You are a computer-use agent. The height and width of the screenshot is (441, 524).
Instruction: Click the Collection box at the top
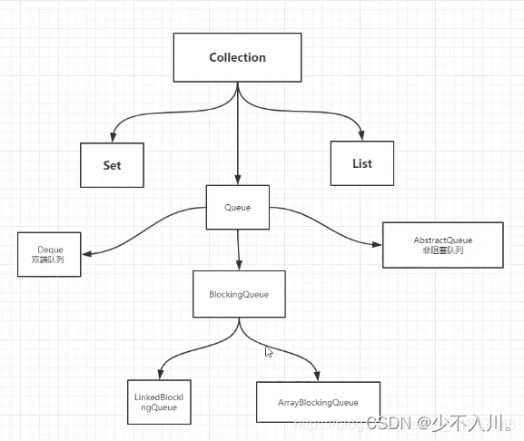237,58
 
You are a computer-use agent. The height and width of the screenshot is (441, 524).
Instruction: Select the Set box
112,165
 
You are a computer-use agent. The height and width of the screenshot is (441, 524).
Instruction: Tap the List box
361,163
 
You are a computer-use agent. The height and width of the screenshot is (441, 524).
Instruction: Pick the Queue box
237,208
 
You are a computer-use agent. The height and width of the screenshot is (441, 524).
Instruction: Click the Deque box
49,254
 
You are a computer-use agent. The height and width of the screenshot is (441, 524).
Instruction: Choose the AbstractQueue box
442,245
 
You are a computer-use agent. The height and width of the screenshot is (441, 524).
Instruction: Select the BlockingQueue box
239,294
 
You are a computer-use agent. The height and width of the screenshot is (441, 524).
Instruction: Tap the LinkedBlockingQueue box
161,402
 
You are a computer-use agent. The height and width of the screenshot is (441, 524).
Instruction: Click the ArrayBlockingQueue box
318,402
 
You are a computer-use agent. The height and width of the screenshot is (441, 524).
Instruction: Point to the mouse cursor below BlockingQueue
268,351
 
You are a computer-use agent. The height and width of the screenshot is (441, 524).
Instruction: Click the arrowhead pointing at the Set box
113,137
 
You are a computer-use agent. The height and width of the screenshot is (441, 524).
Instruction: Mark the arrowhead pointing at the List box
362,135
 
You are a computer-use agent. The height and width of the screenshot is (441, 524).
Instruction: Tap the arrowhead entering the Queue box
238,180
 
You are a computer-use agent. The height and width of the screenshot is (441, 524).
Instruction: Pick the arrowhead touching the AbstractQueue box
377,243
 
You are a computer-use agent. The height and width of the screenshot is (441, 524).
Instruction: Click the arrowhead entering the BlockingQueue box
239,266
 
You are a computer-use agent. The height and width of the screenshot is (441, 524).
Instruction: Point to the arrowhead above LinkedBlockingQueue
161,374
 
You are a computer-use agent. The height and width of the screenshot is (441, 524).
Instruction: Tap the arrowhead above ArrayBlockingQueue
317,376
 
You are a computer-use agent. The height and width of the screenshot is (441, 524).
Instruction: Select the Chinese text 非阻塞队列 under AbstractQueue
442,250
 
